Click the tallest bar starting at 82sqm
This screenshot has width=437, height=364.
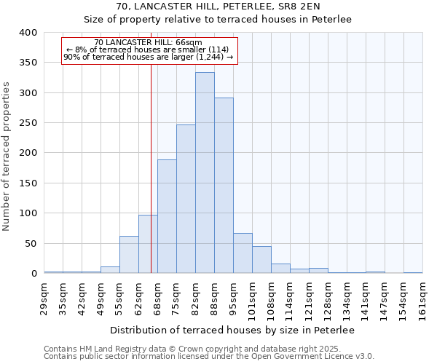pyautogui.click(x=205, y=173)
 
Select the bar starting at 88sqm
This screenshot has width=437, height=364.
pyautogui.click(x=224, y=186)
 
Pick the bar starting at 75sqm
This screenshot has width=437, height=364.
pyautogui.click(x=186, y=199)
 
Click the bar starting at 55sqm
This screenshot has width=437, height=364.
pyautogui.click(x=129, y=255)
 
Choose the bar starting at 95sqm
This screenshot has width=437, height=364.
pyautogui.click(x=243, y=253)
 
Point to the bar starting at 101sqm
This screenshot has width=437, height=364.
pyautogui.click(x=261, y=260)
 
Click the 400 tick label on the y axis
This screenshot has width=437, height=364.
pyautogui.click(x=28, y=33)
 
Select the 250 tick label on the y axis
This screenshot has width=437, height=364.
pyautogui.click(x=28, y=123)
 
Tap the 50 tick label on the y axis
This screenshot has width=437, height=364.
pyautogui.click(x=31, y=243)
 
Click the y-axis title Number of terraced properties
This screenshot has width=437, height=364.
pyautogui.click(x=7, y=156)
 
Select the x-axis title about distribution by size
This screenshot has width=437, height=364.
pyautogui.click(x=233, y=331)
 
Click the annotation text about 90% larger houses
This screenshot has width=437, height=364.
pyautogui.click(x=149, y=57)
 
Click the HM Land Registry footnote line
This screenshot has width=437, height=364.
pyautogui.click(x=192, y=349)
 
